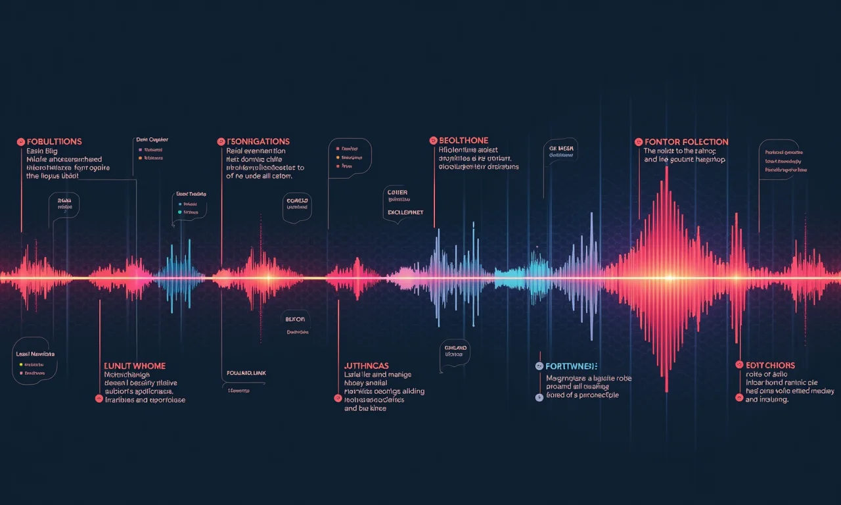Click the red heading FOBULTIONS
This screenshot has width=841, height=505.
54,141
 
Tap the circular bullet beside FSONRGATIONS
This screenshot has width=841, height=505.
221,141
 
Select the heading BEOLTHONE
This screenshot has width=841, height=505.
463,141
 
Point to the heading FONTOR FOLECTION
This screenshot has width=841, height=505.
686,141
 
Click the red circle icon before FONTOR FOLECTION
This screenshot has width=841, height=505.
638,141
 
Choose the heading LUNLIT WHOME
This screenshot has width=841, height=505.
135,366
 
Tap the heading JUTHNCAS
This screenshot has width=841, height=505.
366,365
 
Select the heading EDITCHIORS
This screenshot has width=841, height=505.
769,365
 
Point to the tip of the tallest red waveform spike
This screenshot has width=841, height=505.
667,167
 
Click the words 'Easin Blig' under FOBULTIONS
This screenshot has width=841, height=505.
43,151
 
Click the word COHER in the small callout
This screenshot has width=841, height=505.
398,193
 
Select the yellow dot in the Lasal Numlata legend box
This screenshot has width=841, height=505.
21,364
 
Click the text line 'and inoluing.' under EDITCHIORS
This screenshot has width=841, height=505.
767,399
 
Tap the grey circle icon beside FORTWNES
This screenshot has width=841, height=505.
539,366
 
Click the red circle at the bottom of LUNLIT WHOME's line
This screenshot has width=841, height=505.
99,398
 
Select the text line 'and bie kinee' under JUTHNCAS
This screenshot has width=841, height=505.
365,408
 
